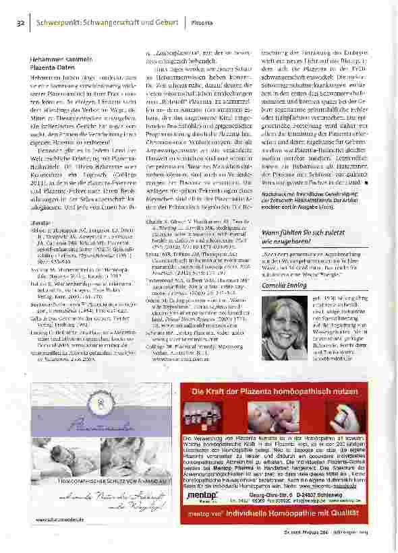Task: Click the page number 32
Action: [20, 23]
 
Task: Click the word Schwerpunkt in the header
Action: [61, 23]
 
